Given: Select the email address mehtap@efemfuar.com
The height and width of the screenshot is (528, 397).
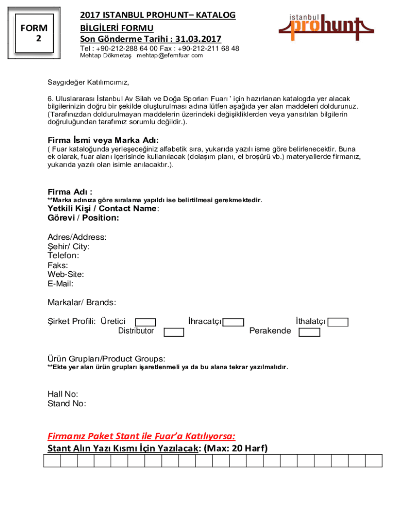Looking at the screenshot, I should [x=170, y=56].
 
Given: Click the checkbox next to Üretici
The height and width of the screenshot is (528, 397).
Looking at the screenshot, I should [x=145, y=322].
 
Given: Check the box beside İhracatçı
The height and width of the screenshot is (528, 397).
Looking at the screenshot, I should [x=234, y=323].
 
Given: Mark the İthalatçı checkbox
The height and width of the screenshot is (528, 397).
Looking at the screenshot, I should [x=338, y=322].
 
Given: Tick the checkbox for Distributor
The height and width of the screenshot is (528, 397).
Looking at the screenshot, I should [x=174, y=332].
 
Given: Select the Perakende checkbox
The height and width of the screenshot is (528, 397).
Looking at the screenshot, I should [x=309, y=332].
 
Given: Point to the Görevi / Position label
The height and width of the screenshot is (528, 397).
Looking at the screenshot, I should [x=83, y=218].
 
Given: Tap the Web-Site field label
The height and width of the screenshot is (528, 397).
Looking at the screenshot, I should [x=66, y=274].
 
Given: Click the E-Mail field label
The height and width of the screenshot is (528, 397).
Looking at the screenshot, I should [x=60, y=284].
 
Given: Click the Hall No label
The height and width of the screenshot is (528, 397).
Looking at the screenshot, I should [x=63, y=394].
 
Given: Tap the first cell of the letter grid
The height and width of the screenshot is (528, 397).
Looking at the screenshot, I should [x=52, y=460].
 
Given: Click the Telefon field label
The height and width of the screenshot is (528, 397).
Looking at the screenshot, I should [x=63, y=256].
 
